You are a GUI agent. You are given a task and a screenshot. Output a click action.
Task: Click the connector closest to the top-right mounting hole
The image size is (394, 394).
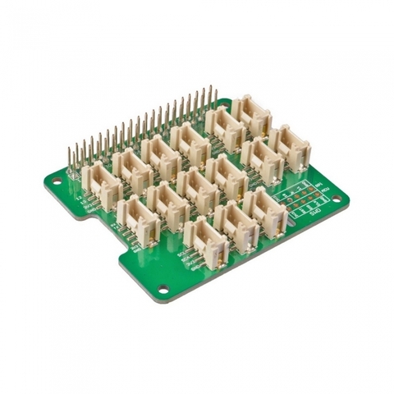pos(250,115)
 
